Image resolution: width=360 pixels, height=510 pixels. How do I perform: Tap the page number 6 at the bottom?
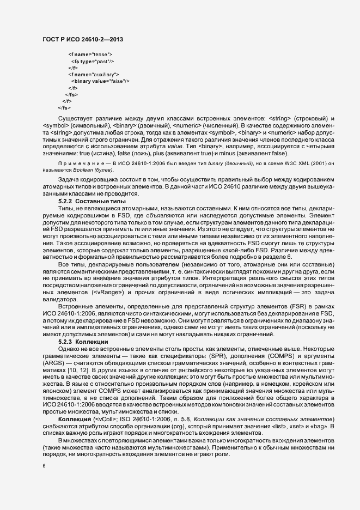[x=44, y=466]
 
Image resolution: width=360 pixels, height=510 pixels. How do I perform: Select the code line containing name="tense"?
[x=90, y=55]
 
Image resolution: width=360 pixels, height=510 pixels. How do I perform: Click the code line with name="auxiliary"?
[x=94, y=74]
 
